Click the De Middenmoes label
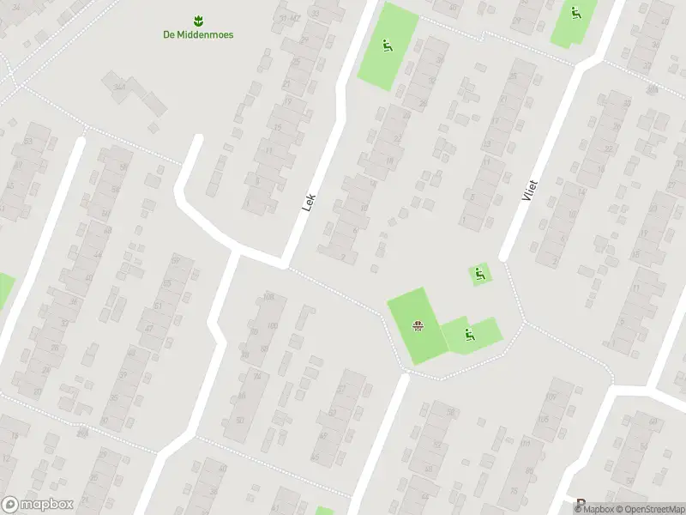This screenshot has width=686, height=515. [198, 34]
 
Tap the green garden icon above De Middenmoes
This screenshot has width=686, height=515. [198, 19]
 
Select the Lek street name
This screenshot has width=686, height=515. [310, 202]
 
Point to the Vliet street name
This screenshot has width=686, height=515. [528, 190]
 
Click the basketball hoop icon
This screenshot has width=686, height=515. [418, 325]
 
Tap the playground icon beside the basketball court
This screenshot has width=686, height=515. [468, 335]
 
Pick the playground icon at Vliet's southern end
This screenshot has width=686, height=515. [480, 275]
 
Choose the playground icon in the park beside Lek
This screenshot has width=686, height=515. [387, 46]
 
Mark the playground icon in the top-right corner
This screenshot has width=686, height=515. [575, 13]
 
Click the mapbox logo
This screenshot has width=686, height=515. [37, 505]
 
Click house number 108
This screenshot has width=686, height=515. [268, 297]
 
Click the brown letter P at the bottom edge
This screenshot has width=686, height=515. [581, 505]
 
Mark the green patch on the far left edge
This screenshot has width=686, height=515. [4, 290]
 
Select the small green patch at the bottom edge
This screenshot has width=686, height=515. [324, 511]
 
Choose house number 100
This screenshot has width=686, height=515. [273, 325]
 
